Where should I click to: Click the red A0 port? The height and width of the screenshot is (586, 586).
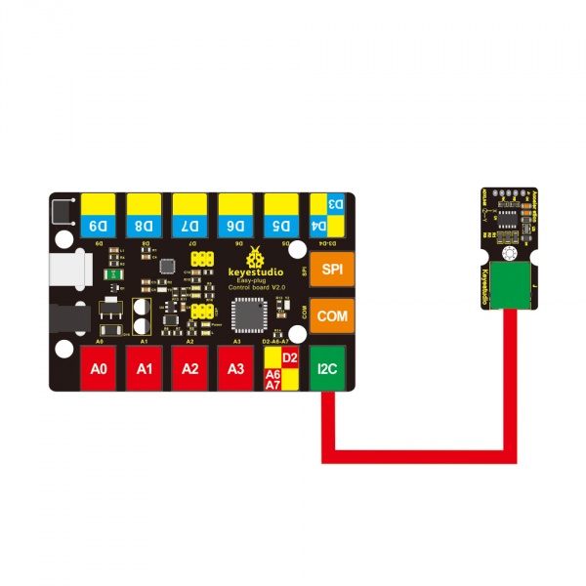[99, 369]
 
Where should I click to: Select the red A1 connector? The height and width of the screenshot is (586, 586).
[145, 369]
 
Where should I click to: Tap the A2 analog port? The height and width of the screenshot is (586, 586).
[190, 369]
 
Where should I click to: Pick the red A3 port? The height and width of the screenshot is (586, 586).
[235, 369]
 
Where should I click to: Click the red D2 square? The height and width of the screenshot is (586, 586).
[289, 358]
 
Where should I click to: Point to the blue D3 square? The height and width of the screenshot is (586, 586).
[335, 204]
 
